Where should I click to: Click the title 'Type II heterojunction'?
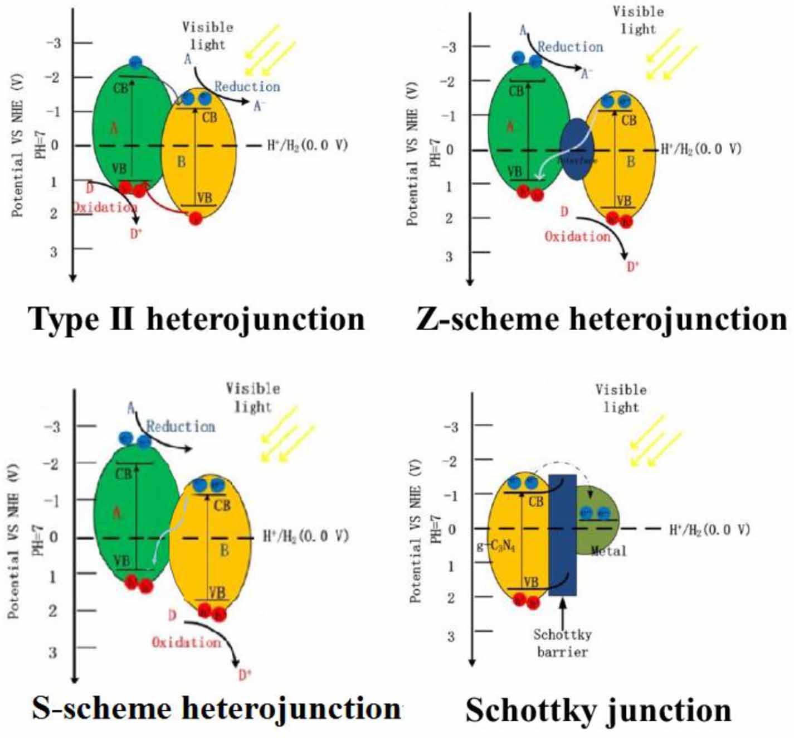click(197, 319)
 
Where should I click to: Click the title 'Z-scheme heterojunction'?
click(601, 319)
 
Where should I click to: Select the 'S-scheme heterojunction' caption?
click(216, 708)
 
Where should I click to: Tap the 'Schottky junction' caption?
click(598, 710)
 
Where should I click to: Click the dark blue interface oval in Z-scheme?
click(576, 149)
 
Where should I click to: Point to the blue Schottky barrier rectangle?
click(562, 534)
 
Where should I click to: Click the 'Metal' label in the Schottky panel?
click(608, 551)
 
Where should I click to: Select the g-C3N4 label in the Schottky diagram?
click(496, 546)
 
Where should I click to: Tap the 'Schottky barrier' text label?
click(562, 643)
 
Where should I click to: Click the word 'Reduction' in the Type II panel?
click(247, 86)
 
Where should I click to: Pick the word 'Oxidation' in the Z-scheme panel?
click(577, 237)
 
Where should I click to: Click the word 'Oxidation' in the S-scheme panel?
click(186, 642)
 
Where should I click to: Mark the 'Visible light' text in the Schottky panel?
click(621, 398)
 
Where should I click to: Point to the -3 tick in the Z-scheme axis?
click(449, 47)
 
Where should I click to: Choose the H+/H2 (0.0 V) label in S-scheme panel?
click(305, 536)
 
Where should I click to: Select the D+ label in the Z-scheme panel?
click(632, 267)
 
